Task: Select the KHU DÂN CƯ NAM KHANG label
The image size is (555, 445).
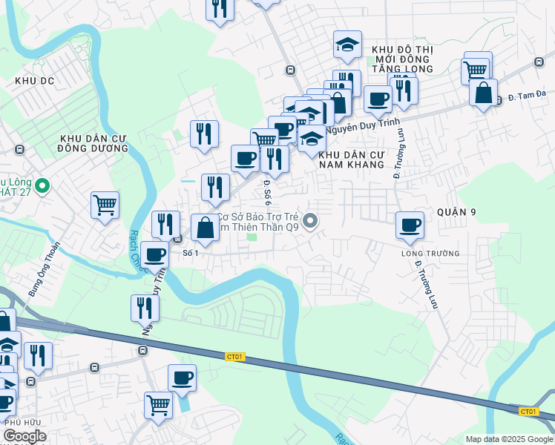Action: [352, 159]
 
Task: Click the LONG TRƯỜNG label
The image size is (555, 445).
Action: [430, 254]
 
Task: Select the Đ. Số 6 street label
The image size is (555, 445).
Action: [267, 192]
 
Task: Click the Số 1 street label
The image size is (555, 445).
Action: [191, 253]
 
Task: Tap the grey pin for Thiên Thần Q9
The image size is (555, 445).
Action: [312, 220]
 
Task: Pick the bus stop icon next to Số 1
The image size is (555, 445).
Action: [178, 239]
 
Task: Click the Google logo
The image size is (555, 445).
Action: [24, 436]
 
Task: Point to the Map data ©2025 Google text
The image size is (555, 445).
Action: [509, 439]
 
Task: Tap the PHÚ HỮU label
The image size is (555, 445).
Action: [22, 422]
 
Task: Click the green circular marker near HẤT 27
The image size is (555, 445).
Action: [42, 185]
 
